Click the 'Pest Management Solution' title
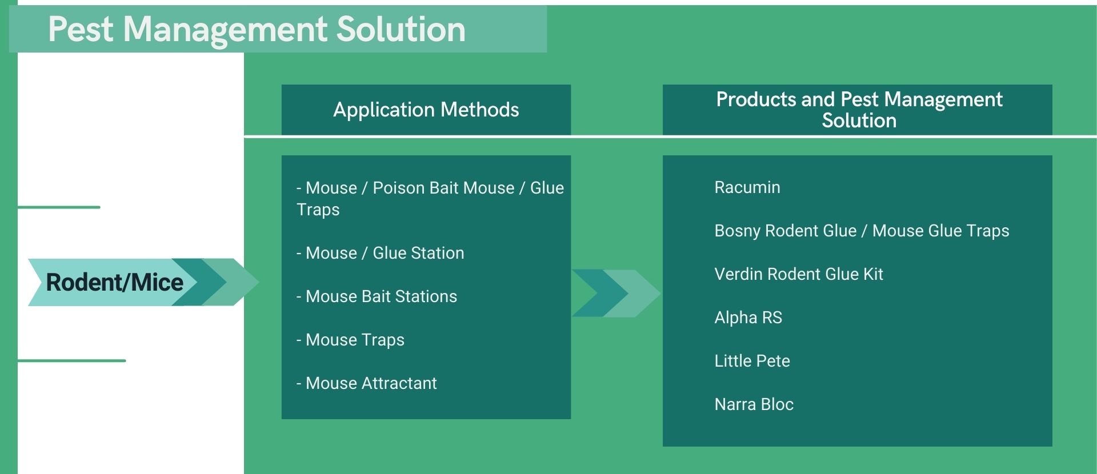(x=257, y=29)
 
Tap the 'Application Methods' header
(x=426, y=110)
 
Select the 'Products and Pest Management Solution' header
(x=859, y=110)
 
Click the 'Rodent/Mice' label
(x=114, y=282)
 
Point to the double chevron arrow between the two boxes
(x=616, y=293)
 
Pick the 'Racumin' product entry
(x=747, y=187)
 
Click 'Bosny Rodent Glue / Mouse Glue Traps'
(x=861, y=231)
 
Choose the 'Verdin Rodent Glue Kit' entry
(x=798, y=274)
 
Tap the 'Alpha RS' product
(x=748, y=318)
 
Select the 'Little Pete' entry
(x=752, y=361)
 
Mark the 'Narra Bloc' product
(x=754, y=404)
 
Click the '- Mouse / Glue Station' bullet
(x=380, y=253)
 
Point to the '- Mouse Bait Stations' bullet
(x=377, y=296)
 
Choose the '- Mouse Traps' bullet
(x=350, y=340)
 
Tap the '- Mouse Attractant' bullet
(x=366, y=383)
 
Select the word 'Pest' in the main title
(x=81, y=29)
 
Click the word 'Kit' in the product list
(x=873, y=274)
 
